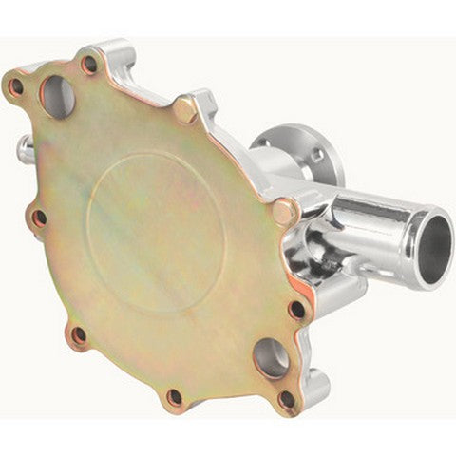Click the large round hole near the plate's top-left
[x=56, y=97]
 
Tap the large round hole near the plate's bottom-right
[x=271, y=357]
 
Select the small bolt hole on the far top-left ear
[x=16, y=87]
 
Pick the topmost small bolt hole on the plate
[x=89, y=65]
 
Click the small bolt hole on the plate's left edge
[x=39, y=218]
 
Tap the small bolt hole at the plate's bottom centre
[x=174, y=396]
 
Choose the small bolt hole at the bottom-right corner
[x=286, y=399]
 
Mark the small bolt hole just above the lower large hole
[x=297, y=310]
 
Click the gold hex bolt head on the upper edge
[x=186, y=111]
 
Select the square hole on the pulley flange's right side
[x=317, y=154]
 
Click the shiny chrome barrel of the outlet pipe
[x=375, y=224]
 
